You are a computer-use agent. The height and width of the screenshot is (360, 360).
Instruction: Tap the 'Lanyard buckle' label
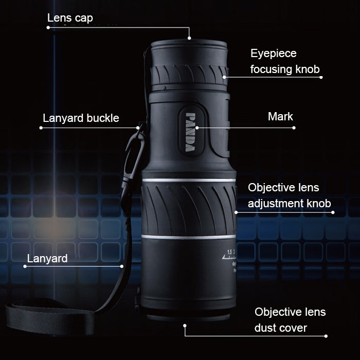pyautogui.click(x=80, y=118)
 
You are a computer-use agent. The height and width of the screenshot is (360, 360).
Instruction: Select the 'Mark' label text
pyautogui.click(x=280, y=116)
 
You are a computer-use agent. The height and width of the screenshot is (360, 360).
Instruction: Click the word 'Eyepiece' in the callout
pyautogui.click(x=274, y=53)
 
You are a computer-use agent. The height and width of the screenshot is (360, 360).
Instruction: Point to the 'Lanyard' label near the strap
pyautogui.click(x=47, y=258)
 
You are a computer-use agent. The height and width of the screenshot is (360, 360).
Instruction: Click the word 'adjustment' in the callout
pyautogui.click(x=281, y=204)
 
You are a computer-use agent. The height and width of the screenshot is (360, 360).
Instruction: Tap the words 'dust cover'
pyautogui.click(x=281, y=328)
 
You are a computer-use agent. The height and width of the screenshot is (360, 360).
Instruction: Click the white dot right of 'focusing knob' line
pyautogui.click(x=321, y=78)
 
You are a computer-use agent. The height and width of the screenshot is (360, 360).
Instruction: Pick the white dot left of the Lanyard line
pyautogui.click(x=25, y=266)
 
